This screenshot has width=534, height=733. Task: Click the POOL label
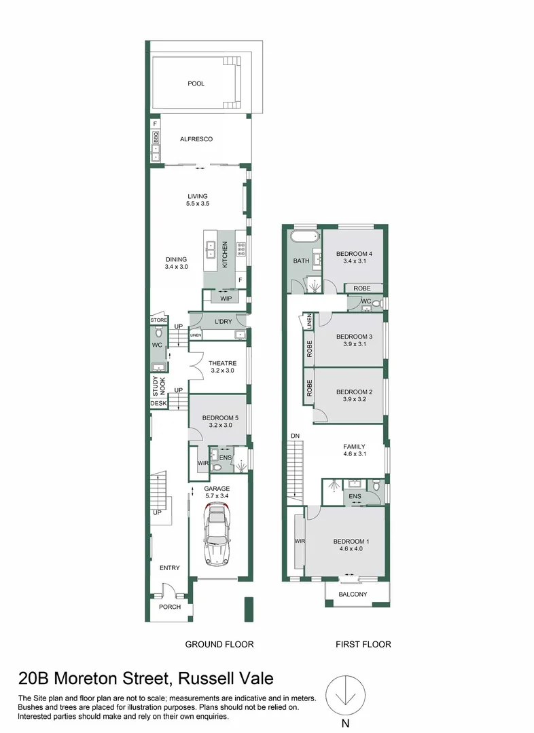[x=196, y=84]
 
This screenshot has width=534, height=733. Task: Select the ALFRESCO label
[x=196, y=139]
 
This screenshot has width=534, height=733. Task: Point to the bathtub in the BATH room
[x=303, y=238]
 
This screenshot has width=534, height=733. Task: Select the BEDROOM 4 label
[x=355, y=254]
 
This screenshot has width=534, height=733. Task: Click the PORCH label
[x=169, y=607]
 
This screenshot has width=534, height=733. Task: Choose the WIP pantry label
[x=226, y=298]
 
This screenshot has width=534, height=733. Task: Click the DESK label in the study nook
[x=158, y=404]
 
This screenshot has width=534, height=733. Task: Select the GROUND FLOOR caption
[x=219, y=644]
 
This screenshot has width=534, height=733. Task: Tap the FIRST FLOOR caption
[x=363, y=644]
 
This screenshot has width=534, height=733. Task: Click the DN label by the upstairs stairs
[x=295, y=436]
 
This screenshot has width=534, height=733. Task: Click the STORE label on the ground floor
[x=158, y=320]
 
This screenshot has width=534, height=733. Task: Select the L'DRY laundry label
[x=224, y=321]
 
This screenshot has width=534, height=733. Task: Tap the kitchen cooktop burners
[x=241, y=249]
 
